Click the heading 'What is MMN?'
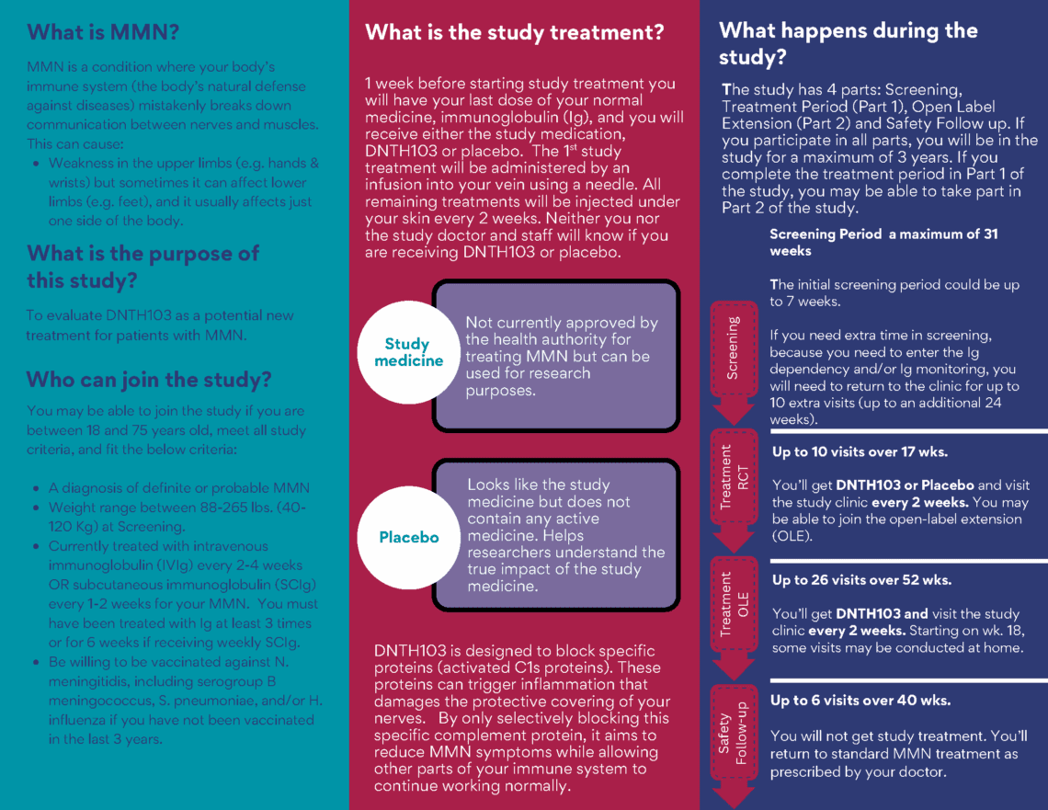click(103, 33)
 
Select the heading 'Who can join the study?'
click(149, 379)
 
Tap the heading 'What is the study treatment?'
click(514, 33)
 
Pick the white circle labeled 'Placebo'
click(408, 537)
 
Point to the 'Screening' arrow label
click(733, 348)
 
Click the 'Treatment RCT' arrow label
click(734, 478)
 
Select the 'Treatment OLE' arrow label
click(734, 604)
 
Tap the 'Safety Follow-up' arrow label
click(734, 735)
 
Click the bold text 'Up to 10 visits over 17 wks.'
click(860, 452)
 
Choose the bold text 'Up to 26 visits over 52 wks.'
click(861, 580)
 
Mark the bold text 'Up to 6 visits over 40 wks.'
click(860, 701)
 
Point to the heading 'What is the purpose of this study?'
click(142, 267)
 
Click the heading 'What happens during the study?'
click(848, 43)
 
